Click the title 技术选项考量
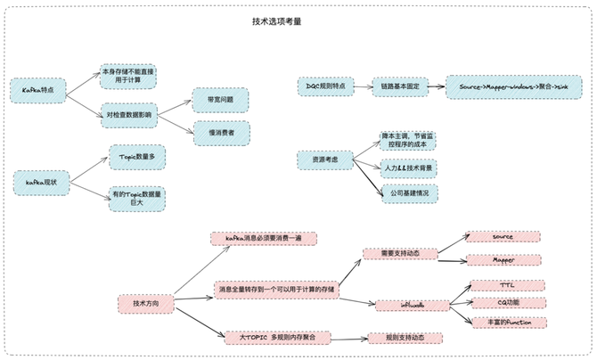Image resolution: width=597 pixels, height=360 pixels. coord(276,20)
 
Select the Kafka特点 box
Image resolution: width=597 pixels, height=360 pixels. coord(38,89)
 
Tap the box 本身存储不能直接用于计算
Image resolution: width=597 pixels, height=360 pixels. coord(127,77)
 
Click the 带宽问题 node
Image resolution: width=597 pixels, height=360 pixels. coord(220,100)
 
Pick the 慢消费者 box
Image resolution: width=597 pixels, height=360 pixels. coord(220,133)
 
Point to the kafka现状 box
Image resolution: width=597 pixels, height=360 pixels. coord(41,182)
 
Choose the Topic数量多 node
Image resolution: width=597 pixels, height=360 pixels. coord(136,156)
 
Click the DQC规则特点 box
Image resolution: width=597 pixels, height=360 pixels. coord(325,86)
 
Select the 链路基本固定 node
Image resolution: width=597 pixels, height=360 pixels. coord(398,86)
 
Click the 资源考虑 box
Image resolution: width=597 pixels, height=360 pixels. coord(325,160)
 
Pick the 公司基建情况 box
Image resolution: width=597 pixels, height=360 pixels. coord(410,192)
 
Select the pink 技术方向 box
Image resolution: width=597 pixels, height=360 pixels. coord(145,303)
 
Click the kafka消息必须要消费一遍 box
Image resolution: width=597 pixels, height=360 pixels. coord(263,238)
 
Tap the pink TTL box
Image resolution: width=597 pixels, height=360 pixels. coord(507,285)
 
